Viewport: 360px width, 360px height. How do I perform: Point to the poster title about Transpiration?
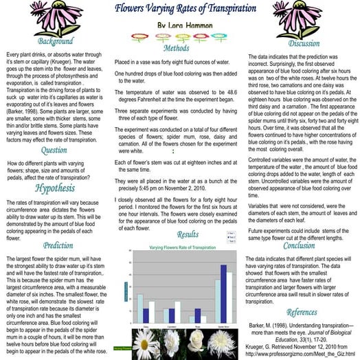(180, 9)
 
